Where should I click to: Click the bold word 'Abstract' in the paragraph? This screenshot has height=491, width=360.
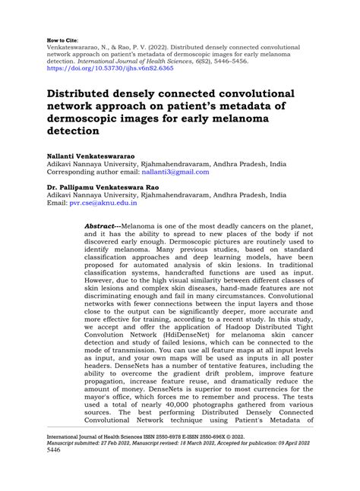101,226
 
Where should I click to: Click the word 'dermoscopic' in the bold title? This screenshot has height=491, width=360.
88,118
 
